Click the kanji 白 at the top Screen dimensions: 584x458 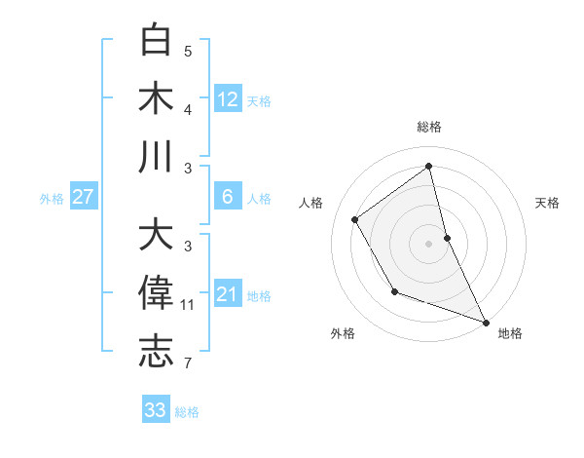pyautogui.click(x=157, y=41)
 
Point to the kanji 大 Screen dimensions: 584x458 pyautogui.click(x=157, y=236)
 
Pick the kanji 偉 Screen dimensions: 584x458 pyautogui.click(x=157, y=293)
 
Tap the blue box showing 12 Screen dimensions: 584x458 pyautogui.click(x=228, y=99)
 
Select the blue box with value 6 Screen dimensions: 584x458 pyautogui.click(x=228, y=197)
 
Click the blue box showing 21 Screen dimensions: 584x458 pyautogui.click(x=228, y=294)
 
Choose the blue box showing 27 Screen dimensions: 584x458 pyautogui.click(x=84, y=197)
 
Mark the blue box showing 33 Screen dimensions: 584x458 pyautogui.click(x=156, y=410)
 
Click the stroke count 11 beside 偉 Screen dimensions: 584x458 pyautogui.click(x=188, y=305)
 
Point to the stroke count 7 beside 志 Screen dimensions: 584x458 pyautogui.click(x=188, y=363)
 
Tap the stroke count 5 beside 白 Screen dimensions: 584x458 pyautogui.click(x=188, y=52)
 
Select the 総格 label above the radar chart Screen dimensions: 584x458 pyautogui.click(x=429, y=127)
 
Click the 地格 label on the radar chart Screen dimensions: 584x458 pyautogui.click(x=511, y=333)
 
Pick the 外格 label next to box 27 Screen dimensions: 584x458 pyautogui.click(x=52, y=199)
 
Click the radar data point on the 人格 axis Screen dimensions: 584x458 pyautogui.click(x=355, y=219)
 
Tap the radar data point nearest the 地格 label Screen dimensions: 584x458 pyautogui.click(x=486, y=322)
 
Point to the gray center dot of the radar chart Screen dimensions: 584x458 pyautogui.click(x=429, y=243)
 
